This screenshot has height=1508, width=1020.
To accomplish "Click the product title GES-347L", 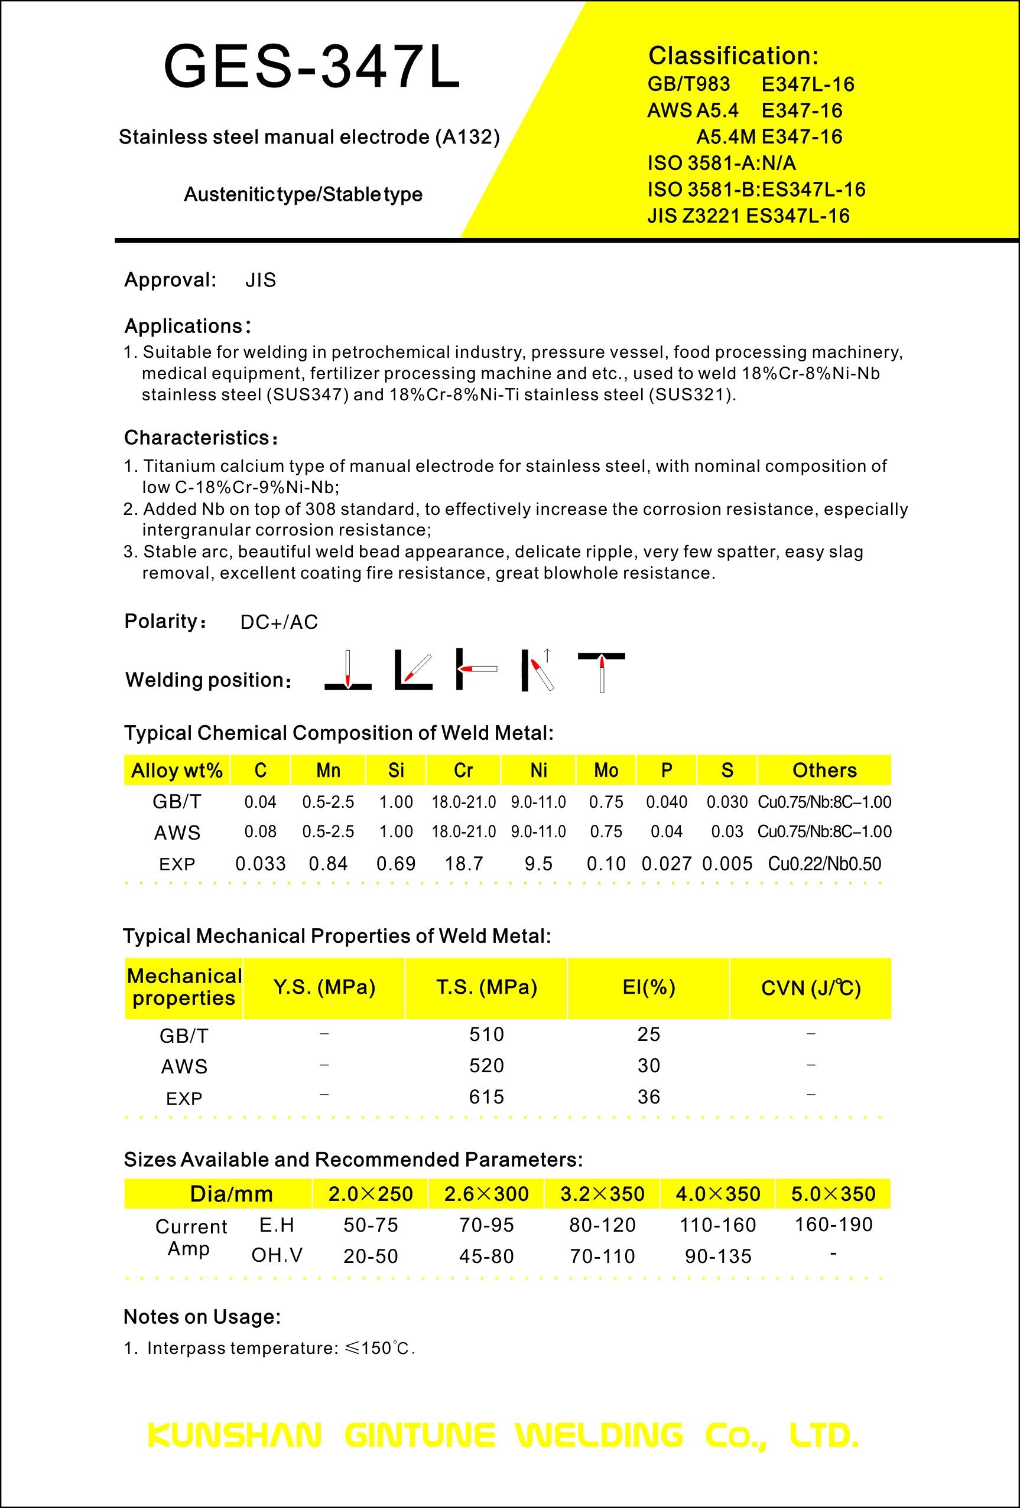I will (x=311, y=66).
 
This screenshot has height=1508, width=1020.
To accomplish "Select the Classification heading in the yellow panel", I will (x=733, y=56).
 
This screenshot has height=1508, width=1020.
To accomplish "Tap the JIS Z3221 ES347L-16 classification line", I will (x=748, y=216).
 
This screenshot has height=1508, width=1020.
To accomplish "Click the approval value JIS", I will (x=261, y=280).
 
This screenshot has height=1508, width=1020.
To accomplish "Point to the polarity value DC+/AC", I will (x=279, y=622).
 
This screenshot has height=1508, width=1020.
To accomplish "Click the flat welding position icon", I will (x=348, y=671).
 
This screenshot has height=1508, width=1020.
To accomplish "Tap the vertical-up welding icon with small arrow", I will (x=538, y=671).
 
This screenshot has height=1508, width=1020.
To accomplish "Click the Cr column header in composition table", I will (x=463, y=770).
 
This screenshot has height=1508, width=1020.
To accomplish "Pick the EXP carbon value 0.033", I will (x=261, y=864).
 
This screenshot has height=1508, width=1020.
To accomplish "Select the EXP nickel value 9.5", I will (x=538, y=864).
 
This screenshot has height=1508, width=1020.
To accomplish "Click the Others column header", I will (x=824, y=770).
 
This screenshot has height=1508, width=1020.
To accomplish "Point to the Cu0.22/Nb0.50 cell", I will (x=824, y=864).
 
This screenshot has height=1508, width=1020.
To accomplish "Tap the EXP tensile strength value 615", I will (x=486, y=1096).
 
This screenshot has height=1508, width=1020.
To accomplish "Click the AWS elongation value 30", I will (x=649, y=1066).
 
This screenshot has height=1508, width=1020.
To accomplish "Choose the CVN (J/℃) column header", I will (x=810, y=988).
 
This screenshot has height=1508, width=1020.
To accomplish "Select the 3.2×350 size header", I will (x=602, y=1193).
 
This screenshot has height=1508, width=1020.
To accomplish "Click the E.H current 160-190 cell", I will (x=833, y=1225).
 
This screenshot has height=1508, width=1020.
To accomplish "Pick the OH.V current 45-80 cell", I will (x=486, y=1256).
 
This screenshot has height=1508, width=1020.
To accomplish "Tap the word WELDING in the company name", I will (x=599, y=1435).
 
